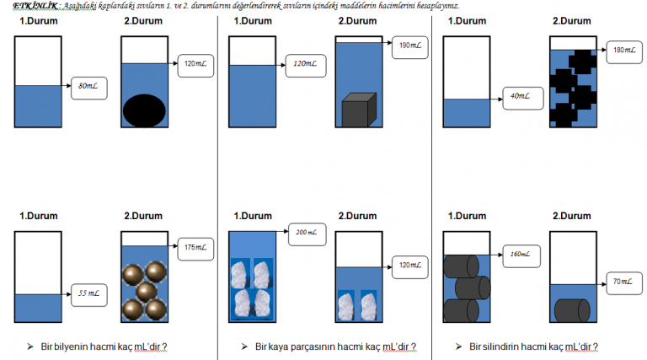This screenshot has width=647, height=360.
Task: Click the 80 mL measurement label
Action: pyautogui.click(x=89, y=86)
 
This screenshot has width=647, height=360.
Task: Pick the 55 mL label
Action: pyautogui.click(x=88, y=293)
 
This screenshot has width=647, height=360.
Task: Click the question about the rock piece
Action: pyautogui.click(x=334, y=347)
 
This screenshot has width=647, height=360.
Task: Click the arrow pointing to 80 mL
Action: pyautogui.click(x=66, y=86)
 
